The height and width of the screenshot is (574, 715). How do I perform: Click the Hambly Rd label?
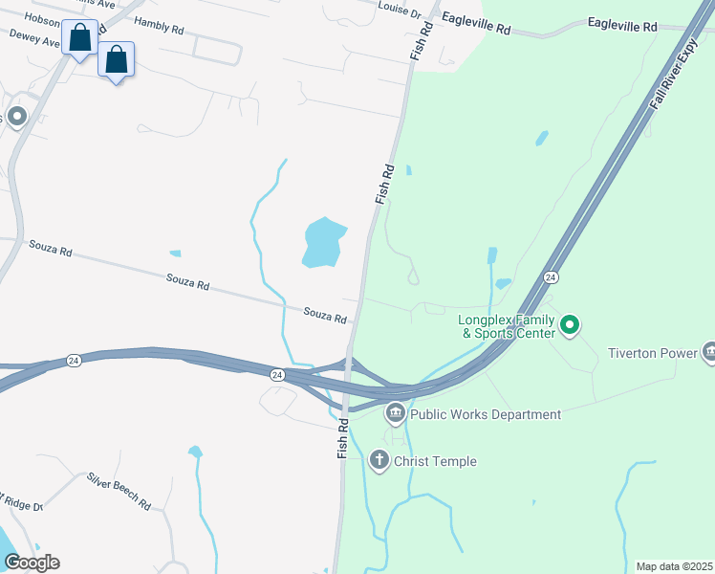click(159, 26)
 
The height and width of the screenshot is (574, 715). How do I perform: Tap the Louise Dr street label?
click(400, 11)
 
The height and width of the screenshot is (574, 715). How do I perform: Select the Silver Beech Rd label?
click(119, 490)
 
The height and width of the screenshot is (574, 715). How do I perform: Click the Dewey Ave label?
click(28, 35)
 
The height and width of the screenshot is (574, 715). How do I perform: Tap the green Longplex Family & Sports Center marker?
click(571, 325)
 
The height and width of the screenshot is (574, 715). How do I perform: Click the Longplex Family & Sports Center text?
click(507, 326)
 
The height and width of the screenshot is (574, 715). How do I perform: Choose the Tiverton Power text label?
click(653, 353)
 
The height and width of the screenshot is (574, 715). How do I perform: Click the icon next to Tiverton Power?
click(708, 352)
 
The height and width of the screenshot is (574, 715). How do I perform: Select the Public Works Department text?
click(486, 414)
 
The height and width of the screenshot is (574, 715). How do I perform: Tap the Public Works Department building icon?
click(396, 414)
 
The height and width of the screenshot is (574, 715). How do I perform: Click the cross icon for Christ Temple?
click(379, 461)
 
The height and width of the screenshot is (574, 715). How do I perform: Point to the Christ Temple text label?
click(436, 461)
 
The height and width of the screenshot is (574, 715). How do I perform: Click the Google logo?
click(32, 562)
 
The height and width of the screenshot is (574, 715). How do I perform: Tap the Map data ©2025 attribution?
click(673, 566)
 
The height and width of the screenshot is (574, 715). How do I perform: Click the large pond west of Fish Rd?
click(322, 243)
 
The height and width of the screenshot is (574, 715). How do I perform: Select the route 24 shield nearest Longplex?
click(550, 276)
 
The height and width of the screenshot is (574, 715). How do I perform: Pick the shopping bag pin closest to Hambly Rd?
click(117, 60)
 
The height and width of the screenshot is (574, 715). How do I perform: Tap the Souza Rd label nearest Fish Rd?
click(325, 314)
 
